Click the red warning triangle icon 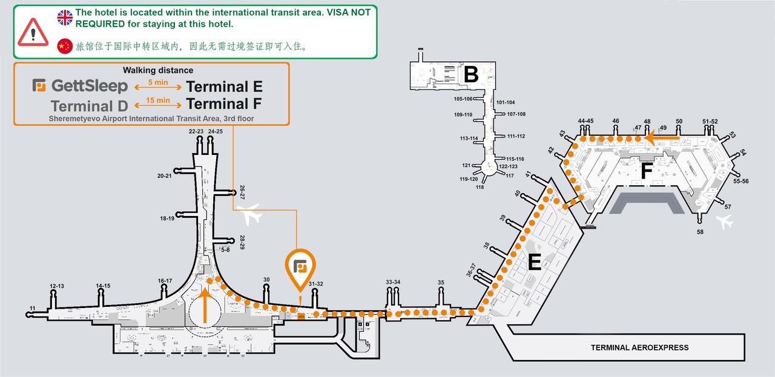point(33,32)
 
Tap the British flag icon point(65,18)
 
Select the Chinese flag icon point(65,46)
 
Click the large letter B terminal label point(471,74)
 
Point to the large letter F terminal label point(646,171)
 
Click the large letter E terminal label point(534,261)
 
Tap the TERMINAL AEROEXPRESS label point(639,347)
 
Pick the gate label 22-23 point(196,131)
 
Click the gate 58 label point(700,232)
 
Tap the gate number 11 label point(33,308)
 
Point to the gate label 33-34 point(393,282)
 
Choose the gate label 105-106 point(463,99)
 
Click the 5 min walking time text point(158,82)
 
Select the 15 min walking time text point(158,100)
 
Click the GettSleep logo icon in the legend point(39,85)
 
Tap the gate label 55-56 point(740,181)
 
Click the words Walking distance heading point(158,70)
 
